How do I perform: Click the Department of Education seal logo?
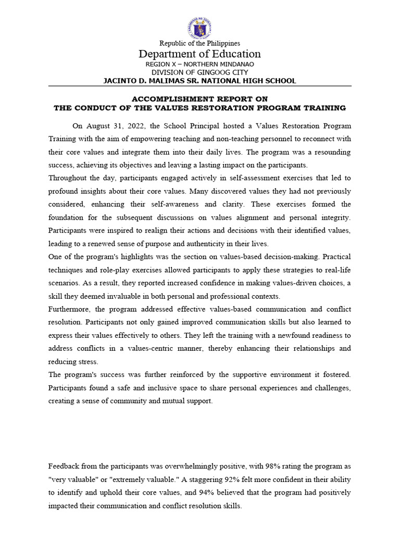(199, 28)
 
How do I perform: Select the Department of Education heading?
(199, 54)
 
